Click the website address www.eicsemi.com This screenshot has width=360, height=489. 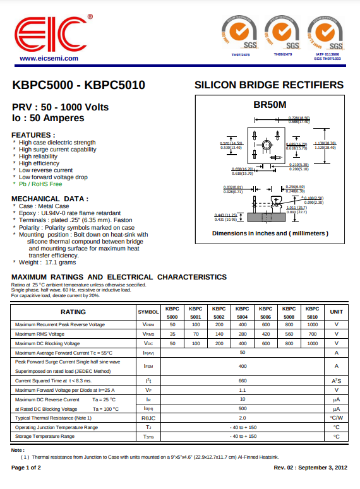point(49,58)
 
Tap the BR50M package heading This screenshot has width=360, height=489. point(270,104)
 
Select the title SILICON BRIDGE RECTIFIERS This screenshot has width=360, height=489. point(269,85)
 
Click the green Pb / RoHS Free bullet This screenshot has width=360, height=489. point(40,184)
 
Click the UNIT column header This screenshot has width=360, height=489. point(337,312)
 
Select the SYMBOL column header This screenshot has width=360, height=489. point(148,312)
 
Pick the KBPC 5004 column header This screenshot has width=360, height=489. point(243,312)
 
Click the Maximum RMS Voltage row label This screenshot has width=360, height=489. point(40,334)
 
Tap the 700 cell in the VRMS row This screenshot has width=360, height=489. point(313,334)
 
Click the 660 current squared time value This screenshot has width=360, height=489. point(243,380)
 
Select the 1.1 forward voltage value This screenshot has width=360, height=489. point(243,390)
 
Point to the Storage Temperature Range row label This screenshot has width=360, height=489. point(44,436)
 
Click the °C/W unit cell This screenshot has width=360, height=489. point(337,418)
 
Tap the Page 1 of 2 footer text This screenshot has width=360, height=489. point(26,468)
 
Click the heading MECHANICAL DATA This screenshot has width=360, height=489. point(50,199)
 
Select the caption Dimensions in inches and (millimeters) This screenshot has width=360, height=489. point(270,233)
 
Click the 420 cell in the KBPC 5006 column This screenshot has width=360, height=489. point(266,334)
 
